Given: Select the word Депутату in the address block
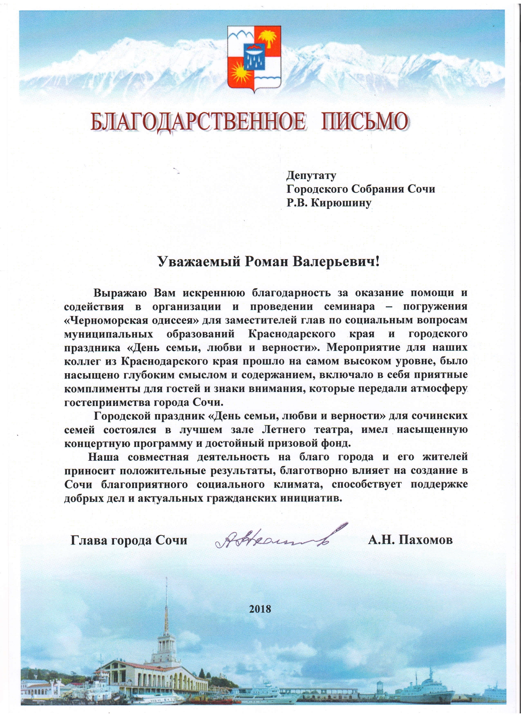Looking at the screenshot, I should click(x=311, y=176).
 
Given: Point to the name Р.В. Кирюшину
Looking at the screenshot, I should click(x=329, y=203).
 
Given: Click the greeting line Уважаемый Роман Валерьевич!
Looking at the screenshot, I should click(x=268, y=261).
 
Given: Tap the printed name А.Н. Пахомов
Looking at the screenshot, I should click(x=410, y=540).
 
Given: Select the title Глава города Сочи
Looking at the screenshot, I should click(x=129, y=540).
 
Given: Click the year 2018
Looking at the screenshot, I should click(x=260, y=609).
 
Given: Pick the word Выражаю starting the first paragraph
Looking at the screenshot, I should click(x=118, y=293).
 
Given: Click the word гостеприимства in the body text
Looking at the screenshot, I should click(x=107, y=402).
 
